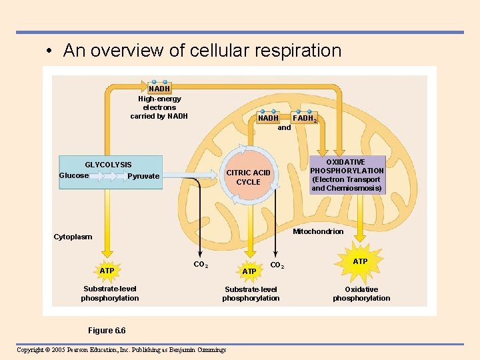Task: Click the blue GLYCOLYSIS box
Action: click(111, 172)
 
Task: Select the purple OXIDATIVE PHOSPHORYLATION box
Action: click(347, 175)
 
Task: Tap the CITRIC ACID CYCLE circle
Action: click(248, 177)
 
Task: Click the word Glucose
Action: click(74, 175)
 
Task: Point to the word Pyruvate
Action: click(143, 176)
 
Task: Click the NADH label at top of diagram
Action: click(159, 88)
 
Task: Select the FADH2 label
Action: click(305, 118)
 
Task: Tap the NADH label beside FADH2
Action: click(269, 118)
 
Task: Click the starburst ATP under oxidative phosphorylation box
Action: click(360, 261)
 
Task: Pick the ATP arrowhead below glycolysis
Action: click(107, 270)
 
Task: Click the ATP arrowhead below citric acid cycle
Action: click(249, 271)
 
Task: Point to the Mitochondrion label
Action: click(318, 231)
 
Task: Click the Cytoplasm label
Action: click(73, 237)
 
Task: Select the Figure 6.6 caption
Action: click(107, 331)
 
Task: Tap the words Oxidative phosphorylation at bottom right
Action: click(361, 293)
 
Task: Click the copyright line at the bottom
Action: click(121, 350)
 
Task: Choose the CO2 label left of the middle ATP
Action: click(201, 265)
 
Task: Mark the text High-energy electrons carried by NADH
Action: click(159, 107)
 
